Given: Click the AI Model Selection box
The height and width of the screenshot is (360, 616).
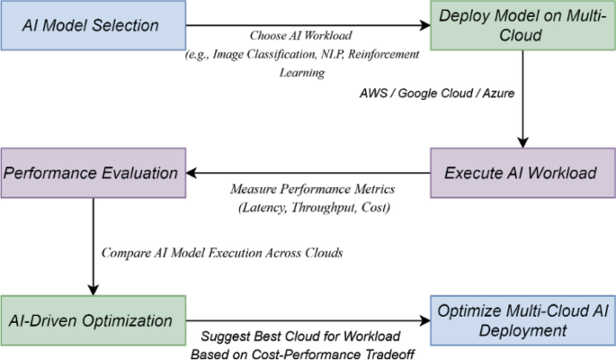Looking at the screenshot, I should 93,24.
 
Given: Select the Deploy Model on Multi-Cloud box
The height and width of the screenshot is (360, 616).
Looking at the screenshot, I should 521,24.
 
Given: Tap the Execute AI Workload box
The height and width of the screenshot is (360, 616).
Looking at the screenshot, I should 521,171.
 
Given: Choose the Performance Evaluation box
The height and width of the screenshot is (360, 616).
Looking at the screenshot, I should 93,171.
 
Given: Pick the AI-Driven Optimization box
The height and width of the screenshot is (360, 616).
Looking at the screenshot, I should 93,319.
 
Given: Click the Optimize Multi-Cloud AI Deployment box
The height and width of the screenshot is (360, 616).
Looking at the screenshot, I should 521,319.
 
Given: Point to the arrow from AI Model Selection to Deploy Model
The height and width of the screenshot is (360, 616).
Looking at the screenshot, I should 306,25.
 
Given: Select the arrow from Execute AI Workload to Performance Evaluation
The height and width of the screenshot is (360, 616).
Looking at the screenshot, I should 306,172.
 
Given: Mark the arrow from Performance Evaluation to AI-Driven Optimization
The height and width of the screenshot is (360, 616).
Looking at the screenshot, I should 93,243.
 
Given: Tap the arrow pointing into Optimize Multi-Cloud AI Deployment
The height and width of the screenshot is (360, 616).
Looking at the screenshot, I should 306,319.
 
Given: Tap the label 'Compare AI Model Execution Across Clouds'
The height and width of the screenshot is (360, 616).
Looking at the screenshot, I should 222,253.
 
